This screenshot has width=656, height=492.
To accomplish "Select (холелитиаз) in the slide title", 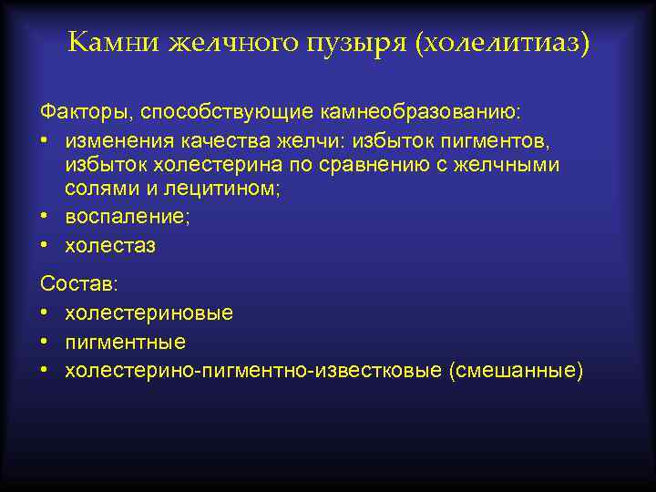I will [502, 43].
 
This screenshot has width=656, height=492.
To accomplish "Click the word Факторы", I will [83, 112].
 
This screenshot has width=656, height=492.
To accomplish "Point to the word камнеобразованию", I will [407, 112].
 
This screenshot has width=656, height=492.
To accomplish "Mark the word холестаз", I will [110, 246].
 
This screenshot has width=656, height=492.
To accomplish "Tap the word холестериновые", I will [149, 313].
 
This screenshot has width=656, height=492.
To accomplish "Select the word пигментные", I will [125, 342].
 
